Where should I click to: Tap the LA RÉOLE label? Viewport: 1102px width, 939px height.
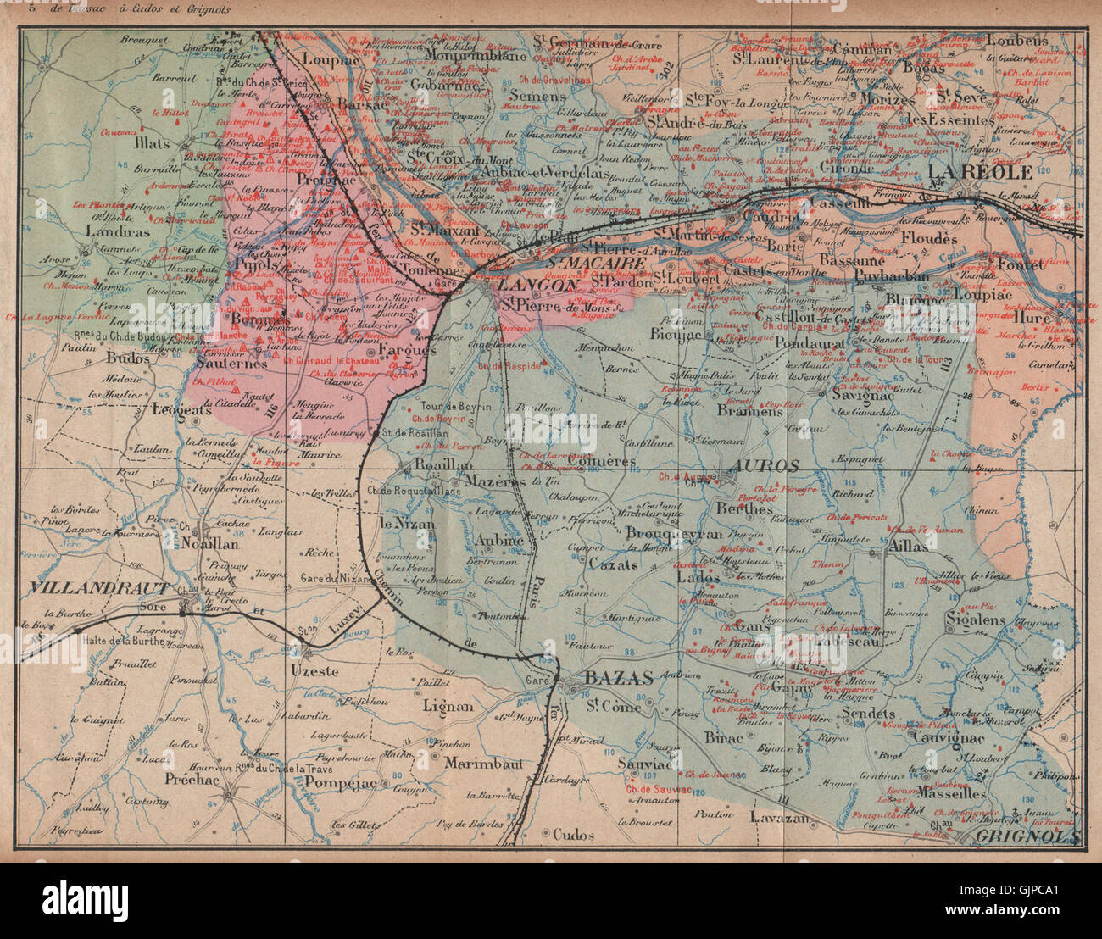[x=986, y=172]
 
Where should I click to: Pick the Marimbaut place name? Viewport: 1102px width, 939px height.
[x=481, y=761]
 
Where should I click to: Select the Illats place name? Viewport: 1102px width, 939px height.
[x=151, y=143]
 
